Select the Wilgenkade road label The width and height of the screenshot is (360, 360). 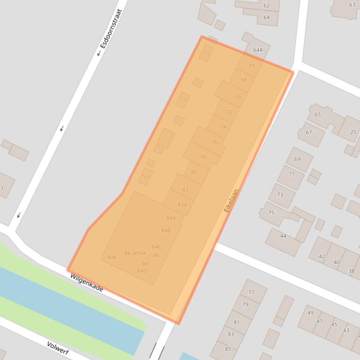tap(87, 283)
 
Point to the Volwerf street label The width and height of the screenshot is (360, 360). tap(59, 348)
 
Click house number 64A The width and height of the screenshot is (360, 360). tap(258, 50)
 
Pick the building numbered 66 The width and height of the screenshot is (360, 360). tap(252, 65)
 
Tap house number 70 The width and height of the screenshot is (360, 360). tap(238, 98)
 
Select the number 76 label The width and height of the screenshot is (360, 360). tap(214, 142)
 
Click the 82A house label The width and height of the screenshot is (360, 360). tap(182, 204)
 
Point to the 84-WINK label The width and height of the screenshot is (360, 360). tap(135, 253)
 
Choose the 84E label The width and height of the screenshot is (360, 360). tap(112, 257)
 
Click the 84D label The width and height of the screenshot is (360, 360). tap(142, 271)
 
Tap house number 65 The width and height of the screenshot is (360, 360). tap(318, 115)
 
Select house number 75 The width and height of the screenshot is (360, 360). tap(271, 212)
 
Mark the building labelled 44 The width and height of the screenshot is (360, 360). tap(283, 236)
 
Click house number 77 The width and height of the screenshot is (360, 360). tap(251, 293)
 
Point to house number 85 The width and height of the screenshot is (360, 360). tap(228, 349)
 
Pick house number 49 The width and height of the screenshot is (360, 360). tap(311, 313)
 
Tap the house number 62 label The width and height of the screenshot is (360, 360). tap(266, 6)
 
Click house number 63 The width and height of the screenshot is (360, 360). tap(352, 5)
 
